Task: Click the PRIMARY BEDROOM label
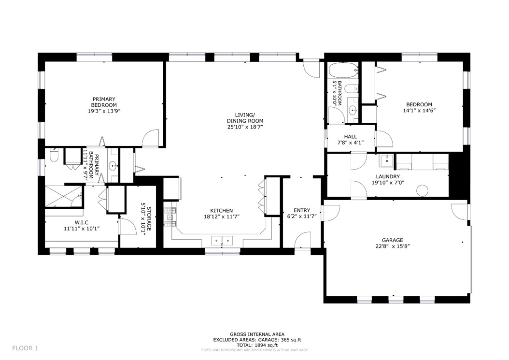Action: [103, 102]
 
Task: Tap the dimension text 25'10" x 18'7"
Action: [245, 127]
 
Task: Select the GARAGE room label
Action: [392, 241]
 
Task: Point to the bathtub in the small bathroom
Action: [343, 71]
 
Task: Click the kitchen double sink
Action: [222, 241]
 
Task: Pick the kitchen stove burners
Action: [170, 217]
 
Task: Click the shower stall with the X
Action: [64, 196]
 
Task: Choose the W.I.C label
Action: [82, 223]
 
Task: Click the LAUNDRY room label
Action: [386, 177]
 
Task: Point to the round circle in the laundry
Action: [423, 190]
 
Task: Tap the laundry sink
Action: [387, 161]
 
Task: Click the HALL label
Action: [350, 137]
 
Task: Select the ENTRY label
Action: [301, 210]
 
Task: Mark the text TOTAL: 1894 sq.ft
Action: [257, 345]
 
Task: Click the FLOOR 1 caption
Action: [25, 348]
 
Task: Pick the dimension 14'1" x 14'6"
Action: [419, 111]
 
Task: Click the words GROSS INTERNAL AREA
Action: [257, 334]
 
